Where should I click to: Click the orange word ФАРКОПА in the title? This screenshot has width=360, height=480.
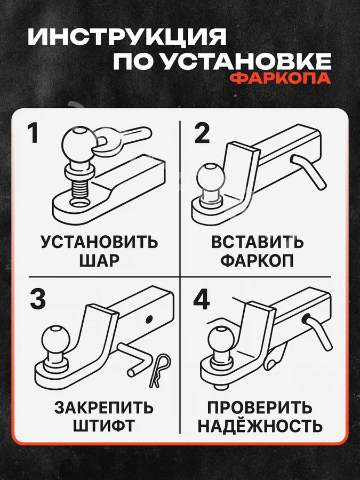point(280,78)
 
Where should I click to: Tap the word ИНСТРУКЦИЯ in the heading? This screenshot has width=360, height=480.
point(127,37)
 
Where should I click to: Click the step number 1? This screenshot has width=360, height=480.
point(34,133)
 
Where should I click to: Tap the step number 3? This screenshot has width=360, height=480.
point(38,299)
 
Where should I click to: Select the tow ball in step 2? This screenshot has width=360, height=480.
point(211,178)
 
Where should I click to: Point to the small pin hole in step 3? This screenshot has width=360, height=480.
point(149,319)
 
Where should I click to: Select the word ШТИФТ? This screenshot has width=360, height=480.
point(103,426)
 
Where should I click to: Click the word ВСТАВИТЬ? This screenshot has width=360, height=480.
point(257,243)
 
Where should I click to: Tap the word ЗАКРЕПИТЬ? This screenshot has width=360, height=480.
point(104,407)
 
